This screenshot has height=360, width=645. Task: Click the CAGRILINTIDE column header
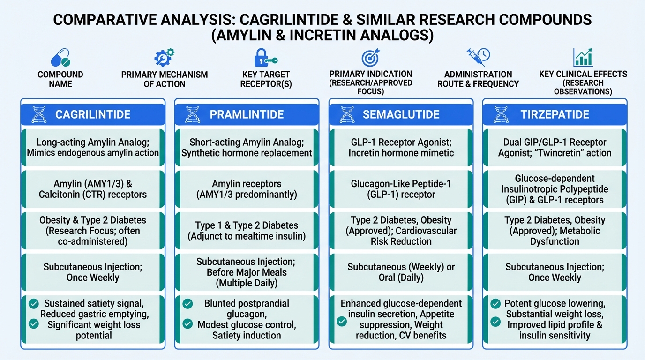[93, 114]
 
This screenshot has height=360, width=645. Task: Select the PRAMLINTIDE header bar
[247, 114]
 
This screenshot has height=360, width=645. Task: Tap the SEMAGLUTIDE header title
[401, 114]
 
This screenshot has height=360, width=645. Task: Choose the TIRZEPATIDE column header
[555, 114]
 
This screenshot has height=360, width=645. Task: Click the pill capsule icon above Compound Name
[60, 58]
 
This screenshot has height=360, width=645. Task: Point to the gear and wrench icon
[165, 58]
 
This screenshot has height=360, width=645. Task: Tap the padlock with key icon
[266, 58]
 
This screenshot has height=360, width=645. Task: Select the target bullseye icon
[371, 57]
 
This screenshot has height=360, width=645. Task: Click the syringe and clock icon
[478, 57]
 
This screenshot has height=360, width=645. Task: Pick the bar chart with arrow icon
[583, 57]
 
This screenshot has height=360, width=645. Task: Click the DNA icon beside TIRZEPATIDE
[501, 115]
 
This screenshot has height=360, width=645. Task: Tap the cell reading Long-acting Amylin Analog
[93, 148]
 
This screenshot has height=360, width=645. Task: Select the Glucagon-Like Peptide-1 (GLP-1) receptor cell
[401, 189]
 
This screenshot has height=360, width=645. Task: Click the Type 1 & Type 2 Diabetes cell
[247, 231]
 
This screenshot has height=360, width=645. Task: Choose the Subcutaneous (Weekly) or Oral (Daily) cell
[401, 272]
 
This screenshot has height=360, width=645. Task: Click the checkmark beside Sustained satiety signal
[34, 303]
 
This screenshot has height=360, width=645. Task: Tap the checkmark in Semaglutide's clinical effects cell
[342, 321]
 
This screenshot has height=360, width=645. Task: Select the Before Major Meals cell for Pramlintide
[247, 272]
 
